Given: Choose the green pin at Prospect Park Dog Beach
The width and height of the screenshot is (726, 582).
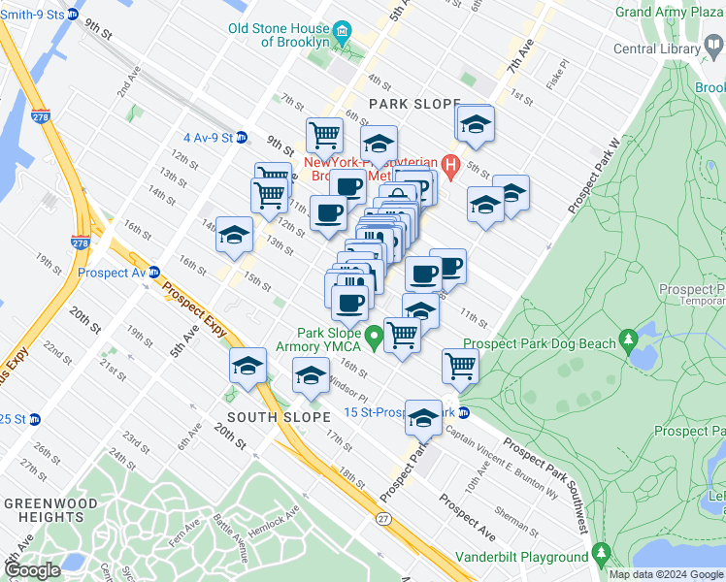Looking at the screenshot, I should (629, 341).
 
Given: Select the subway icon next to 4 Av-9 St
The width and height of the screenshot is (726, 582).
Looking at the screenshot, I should (242, 138).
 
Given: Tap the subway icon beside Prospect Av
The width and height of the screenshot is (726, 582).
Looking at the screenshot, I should (152, 273).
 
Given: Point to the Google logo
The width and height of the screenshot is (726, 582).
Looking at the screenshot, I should (32, 570).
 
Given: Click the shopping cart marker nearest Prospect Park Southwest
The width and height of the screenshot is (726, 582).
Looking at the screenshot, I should (459, 366).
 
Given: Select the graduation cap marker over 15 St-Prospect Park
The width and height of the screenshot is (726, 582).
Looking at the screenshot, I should (422, 417).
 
